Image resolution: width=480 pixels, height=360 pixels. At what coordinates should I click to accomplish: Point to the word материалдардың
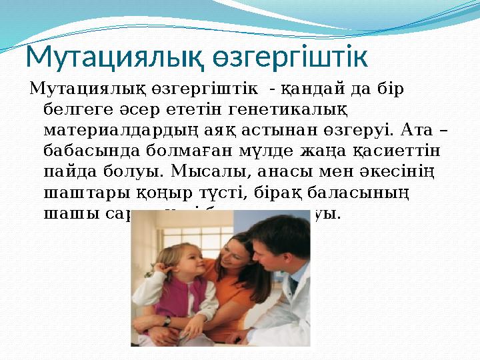tap(140, 127)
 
